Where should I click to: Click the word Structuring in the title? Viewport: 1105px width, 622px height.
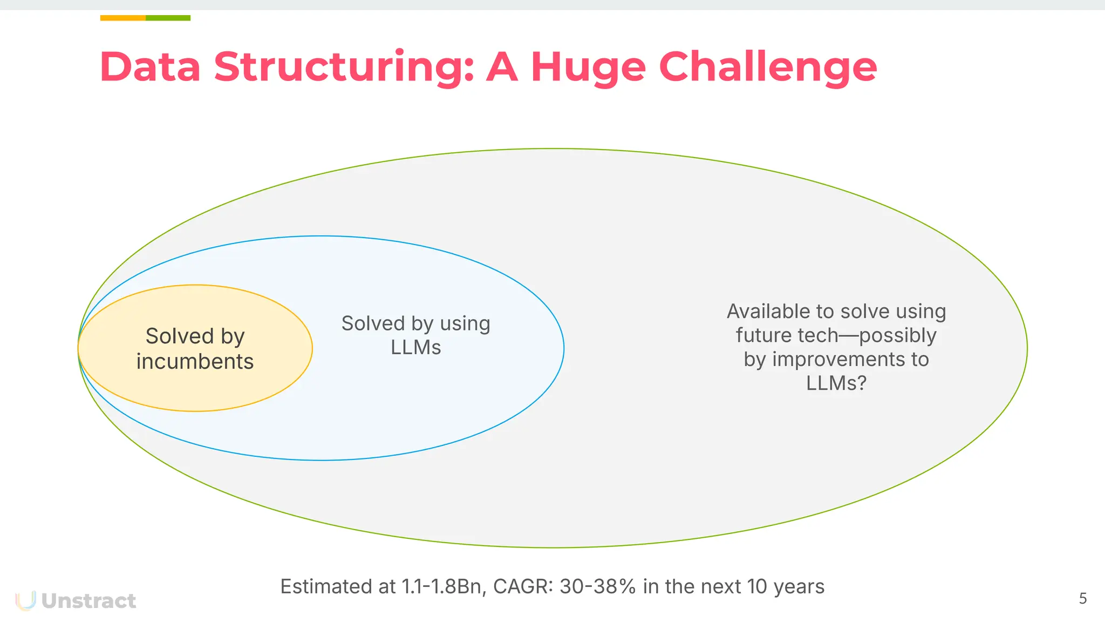tap(344, 67)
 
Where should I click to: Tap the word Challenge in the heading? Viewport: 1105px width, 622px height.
tap(768, 67)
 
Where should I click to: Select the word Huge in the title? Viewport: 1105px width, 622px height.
tap(588, 67)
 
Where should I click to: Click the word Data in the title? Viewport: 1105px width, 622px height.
tap(150, 67)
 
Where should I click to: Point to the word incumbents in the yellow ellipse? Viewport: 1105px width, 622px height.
tap(195, 361)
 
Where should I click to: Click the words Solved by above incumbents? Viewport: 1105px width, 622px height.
tap(195, 336)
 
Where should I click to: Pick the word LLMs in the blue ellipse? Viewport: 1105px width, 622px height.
tap(415, 347)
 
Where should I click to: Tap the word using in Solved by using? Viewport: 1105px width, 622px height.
tap(465, 323)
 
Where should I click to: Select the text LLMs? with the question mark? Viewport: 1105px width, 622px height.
tap(836, 383)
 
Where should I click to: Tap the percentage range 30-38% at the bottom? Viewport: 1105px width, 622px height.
tap(598, 586)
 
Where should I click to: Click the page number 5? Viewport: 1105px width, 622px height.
tap(1082, 598)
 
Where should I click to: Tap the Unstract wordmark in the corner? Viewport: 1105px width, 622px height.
tap(88, 601)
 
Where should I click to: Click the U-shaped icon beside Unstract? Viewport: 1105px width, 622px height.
tap(25, 600)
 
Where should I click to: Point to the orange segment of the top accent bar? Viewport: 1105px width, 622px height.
tap(122, 18)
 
